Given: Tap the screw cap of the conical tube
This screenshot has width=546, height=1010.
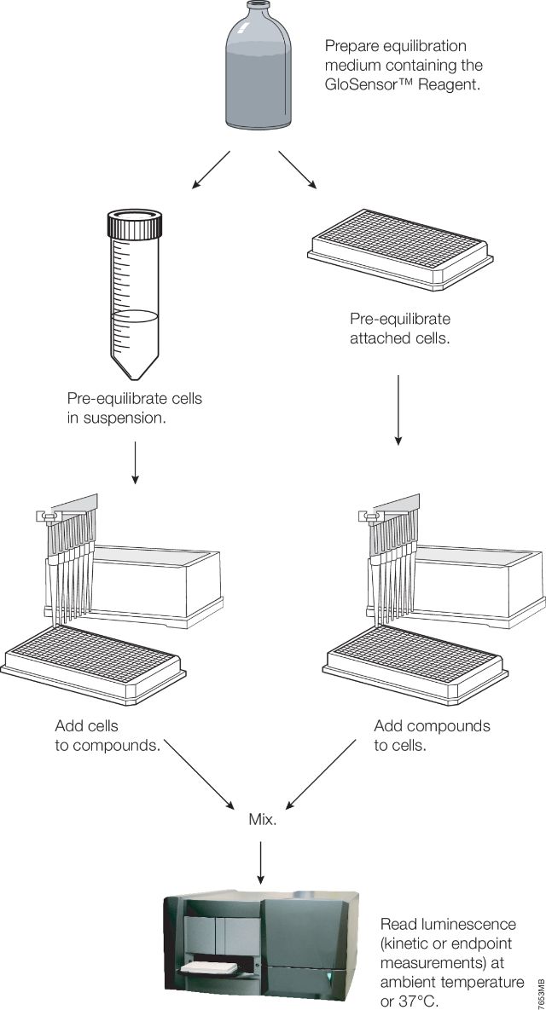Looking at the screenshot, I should pyautogui.click(x=135, y=226).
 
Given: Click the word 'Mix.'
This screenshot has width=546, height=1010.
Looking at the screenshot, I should pyautogui.click(x=261, y=821).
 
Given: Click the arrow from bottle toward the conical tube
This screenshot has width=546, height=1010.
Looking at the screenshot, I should pyautogui.click(x=210, y=170).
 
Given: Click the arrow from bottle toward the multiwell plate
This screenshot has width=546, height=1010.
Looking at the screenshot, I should pyautogui.click(x=298, y=170).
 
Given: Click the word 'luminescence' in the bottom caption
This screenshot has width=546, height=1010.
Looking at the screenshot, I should pyautogui.click(x=478, y=924).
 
